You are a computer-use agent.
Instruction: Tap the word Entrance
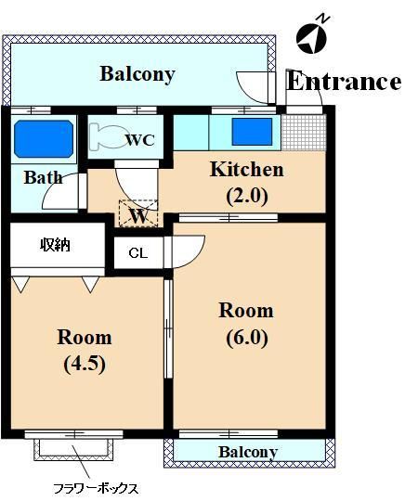coord(344,81)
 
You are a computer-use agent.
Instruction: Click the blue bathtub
coord(44,138)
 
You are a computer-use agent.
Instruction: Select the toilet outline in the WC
coord(106,137)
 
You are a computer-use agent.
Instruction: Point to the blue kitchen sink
coord(252,132)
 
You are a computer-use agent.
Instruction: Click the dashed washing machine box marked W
coord(138,213)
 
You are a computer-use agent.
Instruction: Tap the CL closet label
coord(138,253)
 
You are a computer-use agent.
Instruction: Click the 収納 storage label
coord(55,245)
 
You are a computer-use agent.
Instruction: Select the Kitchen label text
coord(246,170)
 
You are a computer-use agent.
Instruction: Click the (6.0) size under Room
coord(247,338)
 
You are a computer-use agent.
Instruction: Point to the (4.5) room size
coord(85,365)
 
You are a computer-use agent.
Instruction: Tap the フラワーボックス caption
coord(96,489)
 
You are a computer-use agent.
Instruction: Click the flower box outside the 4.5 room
coord(74,450)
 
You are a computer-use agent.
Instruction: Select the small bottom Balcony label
coord(248,452)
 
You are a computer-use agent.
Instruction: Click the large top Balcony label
coord(137,74)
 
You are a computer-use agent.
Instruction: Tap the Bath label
coord(43,177)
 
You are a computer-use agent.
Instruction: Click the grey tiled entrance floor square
coord(304,133)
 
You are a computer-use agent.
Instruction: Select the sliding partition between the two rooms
coord(168,329)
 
